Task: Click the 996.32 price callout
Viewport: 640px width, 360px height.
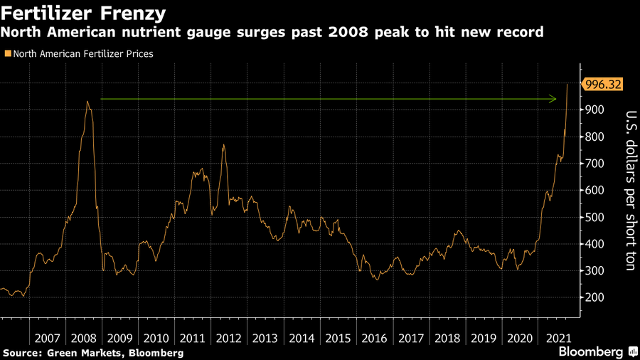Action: tap(602, 85)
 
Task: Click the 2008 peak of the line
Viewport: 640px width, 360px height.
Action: tap(87, 102)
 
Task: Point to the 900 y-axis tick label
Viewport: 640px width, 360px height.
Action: tap(594, 110)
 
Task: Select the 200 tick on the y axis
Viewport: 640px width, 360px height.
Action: tap(594, 298)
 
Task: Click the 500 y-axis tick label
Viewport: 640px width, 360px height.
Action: tap(594, 218)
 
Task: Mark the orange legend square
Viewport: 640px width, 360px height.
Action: tap(8, 53)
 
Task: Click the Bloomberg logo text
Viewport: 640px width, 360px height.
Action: tap(590, 351)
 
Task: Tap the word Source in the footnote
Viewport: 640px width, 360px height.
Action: tap(21, 353)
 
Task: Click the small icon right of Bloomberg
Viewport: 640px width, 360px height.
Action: tap(632, 351)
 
